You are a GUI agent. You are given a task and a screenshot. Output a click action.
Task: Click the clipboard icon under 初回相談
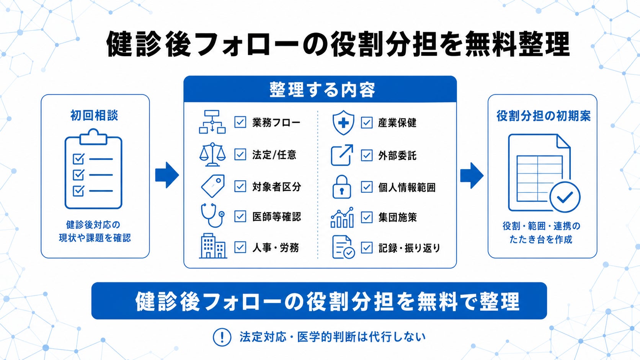coord(93,169)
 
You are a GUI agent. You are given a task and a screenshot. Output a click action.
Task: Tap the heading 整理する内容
coord(322,90)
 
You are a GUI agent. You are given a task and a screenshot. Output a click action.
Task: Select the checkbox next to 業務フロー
coord(240,122)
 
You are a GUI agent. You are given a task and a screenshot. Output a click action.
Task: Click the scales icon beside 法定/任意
coord(212,154)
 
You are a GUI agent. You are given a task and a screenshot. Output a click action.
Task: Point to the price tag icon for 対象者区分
coord(213,186)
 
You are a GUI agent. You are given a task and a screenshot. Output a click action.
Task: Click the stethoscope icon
coord(212,215)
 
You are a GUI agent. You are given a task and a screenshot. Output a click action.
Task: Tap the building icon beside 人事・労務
coord(213,246)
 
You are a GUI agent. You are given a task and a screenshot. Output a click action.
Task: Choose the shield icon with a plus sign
coord(343,122)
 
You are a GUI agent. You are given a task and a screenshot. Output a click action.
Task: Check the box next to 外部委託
coord(367,155)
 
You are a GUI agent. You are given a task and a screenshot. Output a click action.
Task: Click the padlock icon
coord(342,187)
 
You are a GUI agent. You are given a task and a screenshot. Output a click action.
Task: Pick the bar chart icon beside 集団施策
coord(342,217)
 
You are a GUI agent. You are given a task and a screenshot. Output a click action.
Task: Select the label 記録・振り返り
coord(410,248)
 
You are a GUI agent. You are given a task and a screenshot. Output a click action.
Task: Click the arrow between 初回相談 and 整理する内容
coord(167,175)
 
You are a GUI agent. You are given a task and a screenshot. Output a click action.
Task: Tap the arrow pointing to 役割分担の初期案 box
coord(472,176)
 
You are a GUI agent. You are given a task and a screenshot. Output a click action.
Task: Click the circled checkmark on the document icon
coord(565,197)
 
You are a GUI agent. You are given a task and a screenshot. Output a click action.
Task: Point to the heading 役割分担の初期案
coord(543,116)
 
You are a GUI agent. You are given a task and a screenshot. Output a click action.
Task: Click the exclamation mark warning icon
coord(222,337)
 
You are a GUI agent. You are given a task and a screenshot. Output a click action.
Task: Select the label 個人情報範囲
coord(407,187)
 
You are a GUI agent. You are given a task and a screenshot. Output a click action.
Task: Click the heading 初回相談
coord(94,116)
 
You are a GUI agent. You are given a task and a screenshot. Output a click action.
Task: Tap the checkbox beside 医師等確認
coord(240,216)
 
